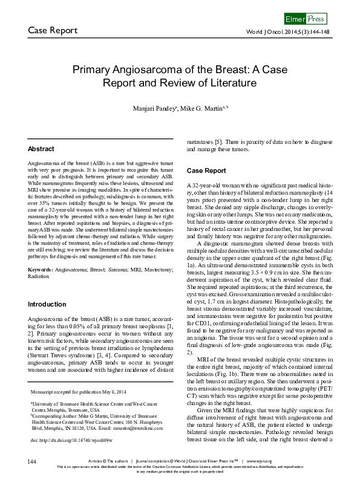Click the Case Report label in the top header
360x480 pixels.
tap(53, 30)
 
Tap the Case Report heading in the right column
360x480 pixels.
tap(206, 170)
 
